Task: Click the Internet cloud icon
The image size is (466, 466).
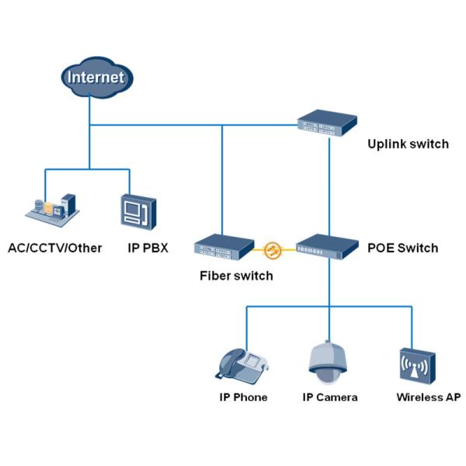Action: [x=96, y=77]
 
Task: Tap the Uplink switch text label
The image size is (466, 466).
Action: [x=408, y=144]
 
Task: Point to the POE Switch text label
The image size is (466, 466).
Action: [x=402, y=249]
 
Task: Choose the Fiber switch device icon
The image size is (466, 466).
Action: [x=224, y=248]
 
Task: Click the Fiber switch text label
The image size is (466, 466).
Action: [x=236, y=275]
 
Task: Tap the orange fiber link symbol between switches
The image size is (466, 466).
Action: [x=273, y=250]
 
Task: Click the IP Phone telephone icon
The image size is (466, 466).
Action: [x=242, y=363]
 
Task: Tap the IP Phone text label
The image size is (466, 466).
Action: [x=243, y=397]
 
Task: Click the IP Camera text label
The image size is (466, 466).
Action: [x=330, y=397]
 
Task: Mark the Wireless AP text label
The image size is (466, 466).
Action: [x=429, y=397]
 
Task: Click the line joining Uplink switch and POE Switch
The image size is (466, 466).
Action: [x=329, y=186]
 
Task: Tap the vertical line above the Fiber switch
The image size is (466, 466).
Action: [x=222, y=179]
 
